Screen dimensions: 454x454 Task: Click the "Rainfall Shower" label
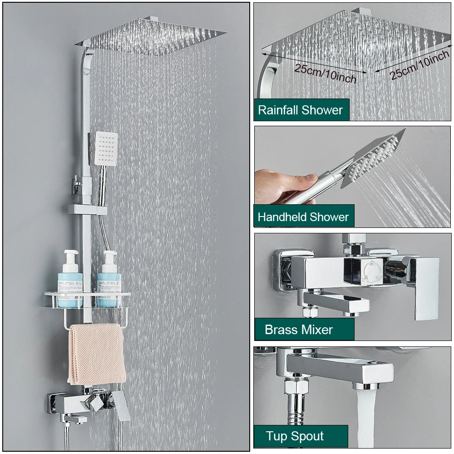tap(301, 110)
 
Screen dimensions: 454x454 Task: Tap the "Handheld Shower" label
tap(303, 217)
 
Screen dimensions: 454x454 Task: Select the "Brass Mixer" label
tap(299, 330)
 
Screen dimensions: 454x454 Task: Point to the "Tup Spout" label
tap(295, 437)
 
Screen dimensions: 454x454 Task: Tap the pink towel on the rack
tap(97, 354)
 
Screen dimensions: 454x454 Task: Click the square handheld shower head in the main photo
tap(107, 148)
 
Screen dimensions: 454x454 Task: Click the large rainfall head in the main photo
tap(150, 36)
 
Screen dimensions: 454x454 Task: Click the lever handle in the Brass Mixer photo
tap(422, 286)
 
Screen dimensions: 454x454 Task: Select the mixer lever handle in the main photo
tap(120, 404)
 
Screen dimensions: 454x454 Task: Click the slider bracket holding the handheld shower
tap(87, 209)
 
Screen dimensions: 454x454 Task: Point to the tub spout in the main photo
tap(75, 418)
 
